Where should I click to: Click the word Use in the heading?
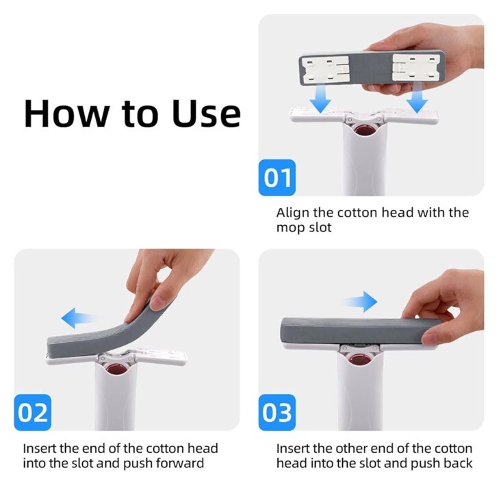206,114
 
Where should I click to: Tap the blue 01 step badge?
277,178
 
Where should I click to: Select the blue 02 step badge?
33,412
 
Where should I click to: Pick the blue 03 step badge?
277,412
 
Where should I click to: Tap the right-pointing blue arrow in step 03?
360,302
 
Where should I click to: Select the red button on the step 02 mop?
117,369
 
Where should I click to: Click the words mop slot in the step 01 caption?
304,228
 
